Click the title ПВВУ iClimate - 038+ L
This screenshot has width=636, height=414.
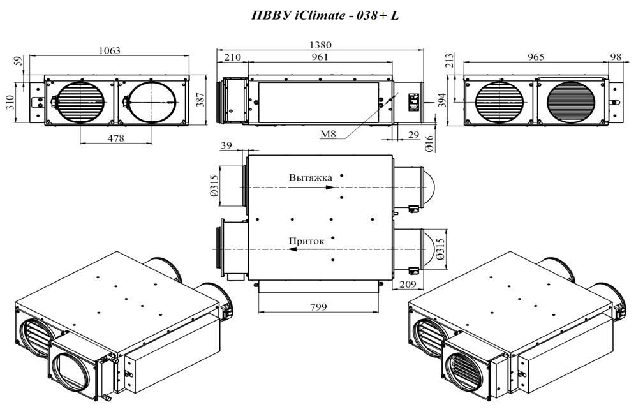coord(325,15)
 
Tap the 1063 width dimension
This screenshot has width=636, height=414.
coord(110,50)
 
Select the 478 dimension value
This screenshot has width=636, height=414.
coord(115,138)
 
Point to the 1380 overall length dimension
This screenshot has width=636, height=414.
coord(320,45)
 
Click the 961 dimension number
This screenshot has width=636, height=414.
coord(320,57)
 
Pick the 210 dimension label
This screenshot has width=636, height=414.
coord(232,57)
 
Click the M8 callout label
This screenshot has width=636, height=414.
coord(328,133)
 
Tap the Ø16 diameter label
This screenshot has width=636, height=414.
coord(429,144)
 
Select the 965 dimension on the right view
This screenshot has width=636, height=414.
coord(536,57)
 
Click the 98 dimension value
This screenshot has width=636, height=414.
coord(616,57)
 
